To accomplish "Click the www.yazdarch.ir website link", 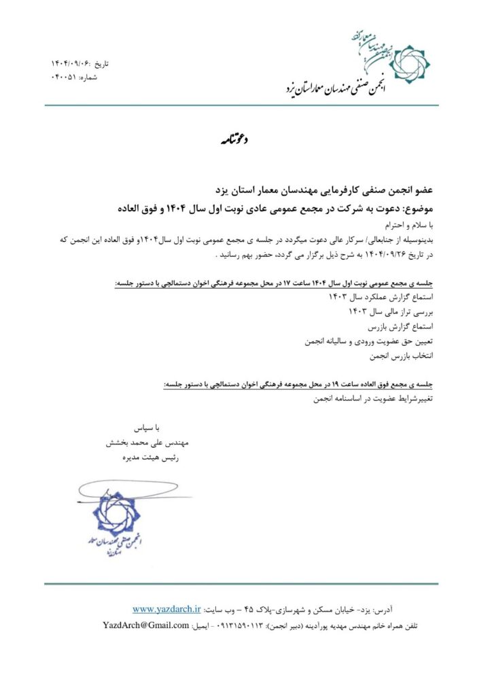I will (167, 608).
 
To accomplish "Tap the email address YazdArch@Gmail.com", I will (145, 625).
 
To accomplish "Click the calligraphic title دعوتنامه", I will (235, 141).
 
